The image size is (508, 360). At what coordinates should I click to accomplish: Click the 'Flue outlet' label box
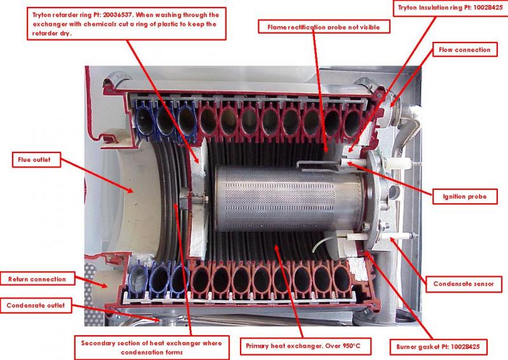36,160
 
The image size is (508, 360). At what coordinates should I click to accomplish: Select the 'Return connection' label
37,279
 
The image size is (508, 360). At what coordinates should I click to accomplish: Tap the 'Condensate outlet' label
36,305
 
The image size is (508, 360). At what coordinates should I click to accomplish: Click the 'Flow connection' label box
465,50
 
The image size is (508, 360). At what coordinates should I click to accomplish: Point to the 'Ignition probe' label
465,196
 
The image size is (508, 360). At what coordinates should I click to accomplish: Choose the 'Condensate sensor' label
464,284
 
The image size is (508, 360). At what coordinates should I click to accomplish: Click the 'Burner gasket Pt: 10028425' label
438,347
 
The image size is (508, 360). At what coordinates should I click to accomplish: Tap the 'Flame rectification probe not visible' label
324,27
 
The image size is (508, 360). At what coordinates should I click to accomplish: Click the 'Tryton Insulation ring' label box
450,8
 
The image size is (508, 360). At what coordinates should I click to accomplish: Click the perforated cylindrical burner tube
288,198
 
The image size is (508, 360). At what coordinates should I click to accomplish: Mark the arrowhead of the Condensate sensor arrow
392,240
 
